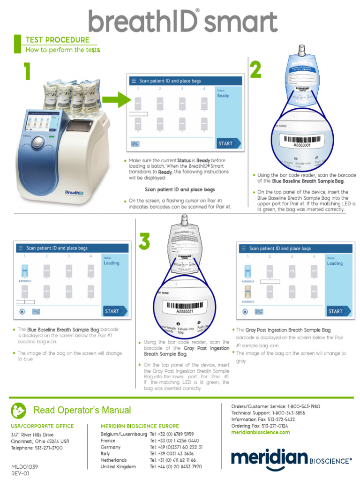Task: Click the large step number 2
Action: click(x=255, y=70)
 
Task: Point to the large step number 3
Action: click(x=144, y=241)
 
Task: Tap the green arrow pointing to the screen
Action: click(x=117, y=100)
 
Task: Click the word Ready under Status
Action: click(x=223, y=96)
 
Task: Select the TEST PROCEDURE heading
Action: click(x=57, y=40)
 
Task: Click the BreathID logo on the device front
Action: click(x=74, y=192)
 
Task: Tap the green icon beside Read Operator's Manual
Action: click(x=19, y=410)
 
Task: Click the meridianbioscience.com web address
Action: click(x=261, y=432)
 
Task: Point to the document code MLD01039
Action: click(x=24, y=467)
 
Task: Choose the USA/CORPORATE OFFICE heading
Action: click(x=42, y=426)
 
